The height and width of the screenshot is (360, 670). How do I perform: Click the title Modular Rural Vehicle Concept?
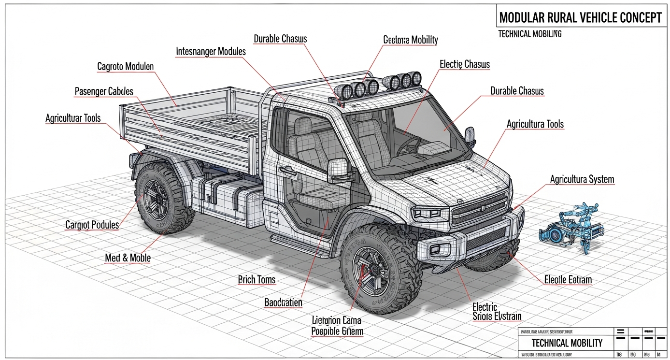580,18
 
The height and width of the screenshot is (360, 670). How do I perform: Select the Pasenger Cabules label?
104,91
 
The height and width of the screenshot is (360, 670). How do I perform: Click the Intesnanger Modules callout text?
211,51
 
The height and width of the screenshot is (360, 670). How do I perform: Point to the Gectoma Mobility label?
410,40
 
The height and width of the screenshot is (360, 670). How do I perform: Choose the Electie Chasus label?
464,64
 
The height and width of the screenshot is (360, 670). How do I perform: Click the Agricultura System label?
582,180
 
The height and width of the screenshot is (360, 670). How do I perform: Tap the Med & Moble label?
128,258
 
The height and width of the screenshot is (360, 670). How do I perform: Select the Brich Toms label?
257,279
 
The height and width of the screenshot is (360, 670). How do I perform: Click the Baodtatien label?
283,303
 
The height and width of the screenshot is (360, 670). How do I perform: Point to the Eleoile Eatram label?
568,280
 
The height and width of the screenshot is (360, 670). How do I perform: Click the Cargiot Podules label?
92,225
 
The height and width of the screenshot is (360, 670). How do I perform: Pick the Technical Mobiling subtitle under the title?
529,34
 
